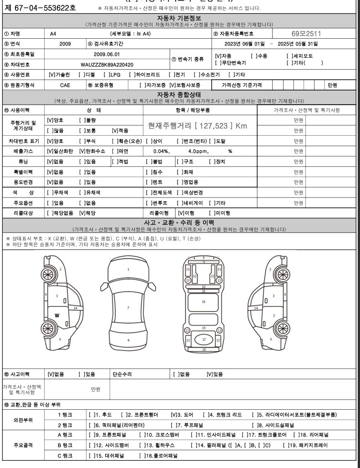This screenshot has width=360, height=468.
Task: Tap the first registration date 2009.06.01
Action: (x=106, y=54)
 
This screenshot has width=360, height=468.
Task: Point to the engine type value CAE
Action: (x=65, y=85)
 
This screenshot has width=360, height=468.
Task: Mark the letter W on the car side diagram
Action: (x=57, y=315)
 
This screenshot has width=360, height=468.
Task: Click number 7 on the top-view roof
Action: (x=128, y=308)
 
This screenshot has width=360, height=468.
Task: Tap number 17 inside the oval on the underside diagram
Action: (x=203, y=340)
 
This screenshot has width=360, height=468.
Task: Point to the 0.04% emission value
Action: (x=161, y=151)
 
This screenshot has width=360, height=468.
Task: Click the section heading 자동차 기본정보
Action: (x=179, y=18)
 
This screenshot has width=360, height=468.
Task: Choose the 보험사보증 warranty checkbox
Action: (x=172, y=85)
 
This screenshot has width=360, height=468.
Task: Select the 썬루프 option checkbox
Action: (x=148, y=203)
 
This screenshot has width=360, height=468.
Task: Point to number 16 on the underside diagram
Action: (x=203, y=301)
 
